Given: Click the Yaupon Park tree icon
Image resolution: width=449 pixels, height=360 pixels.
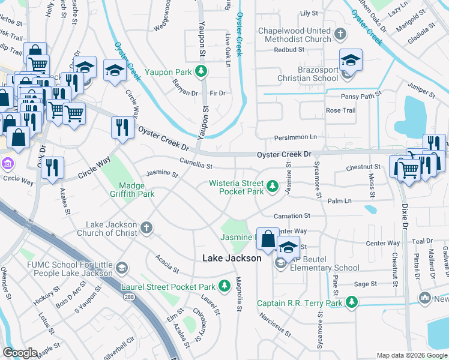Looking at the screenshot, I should (203, 72).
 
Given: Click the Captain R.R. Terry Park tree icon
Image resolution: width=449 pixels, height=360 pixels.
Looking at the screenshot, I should (354, 302).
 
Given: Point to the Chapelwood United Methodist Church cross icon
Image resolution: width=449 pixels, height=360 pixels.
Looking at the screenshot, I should (340, 35).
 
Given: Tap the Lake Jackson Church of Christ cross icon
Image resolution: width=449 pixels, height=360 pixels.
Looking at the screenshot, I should (146, 228).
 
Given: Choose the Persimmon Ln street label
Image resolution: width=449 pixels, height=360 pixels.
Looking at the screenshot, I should (295, 137).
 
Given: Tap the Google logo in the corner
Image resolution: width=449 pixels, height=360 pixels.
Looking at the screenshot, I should (20, 353).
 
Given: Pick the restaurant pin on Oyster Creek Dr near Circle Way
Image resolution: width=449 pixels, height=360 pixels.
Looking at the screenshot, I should (121, 128).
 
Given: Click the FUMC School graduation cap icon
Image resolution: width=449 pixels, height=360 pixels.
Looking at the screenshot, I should (121, 267).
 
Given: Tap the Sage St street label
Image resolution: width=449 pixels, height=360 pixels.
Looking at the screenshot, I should (365, 284).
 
